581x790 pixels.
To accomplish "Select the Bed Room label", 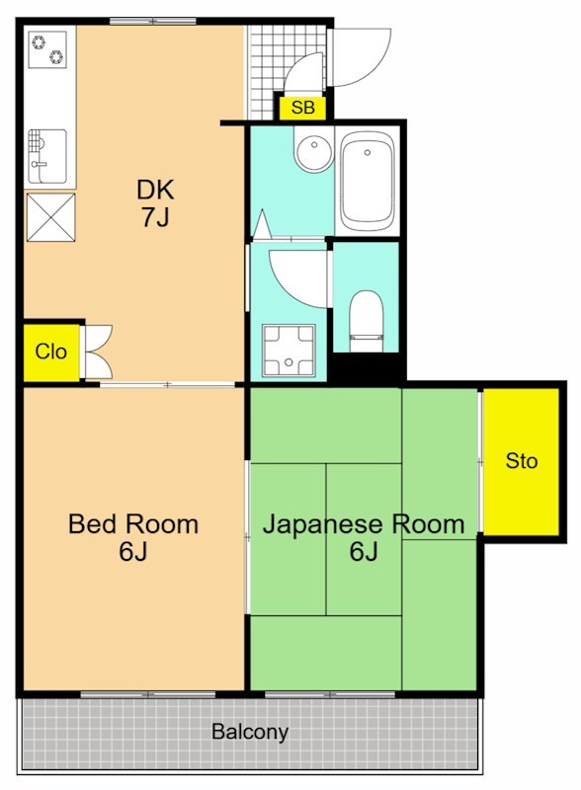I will tap(132, 524).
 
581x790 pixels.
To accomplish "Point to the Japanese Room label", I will tap(363, 524).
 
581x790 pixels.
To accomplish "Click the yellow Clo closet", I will tap(50, 352).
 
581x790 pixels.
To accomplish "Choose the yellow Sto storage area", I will tap(522, 461).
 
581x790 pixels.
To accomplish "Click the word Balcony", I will tap(250, 733).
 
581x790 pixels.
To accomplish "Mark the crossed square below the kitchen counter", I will tap(49, 216).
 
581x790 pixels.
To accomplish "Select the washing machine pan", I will tap(289, 351).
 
